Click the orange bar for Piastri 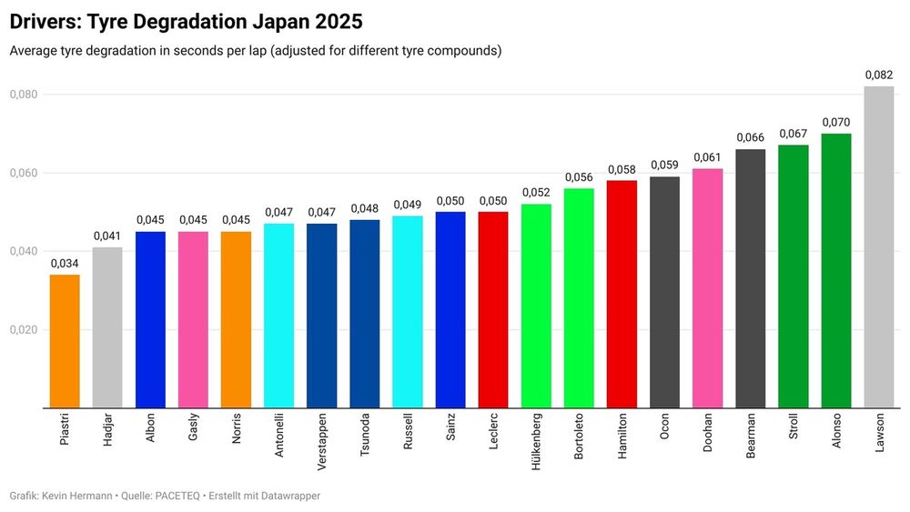coord(65,341)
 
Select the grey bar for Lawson coord(878,247)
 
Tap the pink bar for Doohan coord(707,288)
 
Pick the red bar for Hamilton coord(622,294)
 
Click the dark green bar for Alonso coord(835,271)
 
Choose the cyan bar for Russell coord(407,312)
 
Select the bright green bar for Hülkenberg coord(536,306)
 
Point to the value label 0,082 coord(878,75)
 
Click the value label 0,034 coord(65,264)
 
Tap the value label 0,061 coord(707,157)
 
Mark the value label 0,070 coord(835,122)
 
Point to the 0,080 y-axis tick coord(24,95)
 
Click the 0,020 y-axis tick coord(24,330)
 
